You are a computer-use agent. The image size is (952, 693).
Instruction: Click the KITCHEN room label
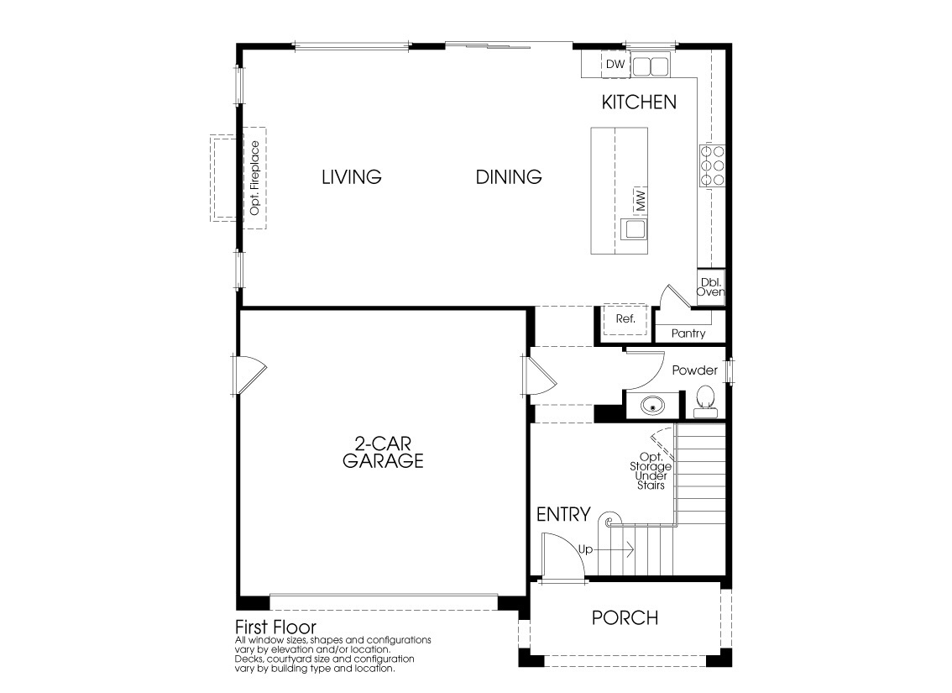(639, 102)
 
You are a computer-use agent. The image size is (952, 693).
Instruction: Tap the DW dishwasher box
(615, 65)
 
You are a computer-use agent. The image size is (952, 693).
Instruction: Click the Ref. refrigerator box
(625, 319)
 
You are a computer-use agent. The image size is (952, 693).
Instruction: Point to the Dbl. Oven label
(710, 286)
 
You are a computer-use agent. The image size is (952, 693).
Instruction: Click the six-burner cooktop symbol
(712, 165)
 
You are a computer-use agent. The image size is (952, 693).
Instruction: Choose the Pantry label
(688, 333)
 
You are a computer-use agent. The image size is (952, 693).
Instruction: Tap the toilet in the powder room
(705, 401)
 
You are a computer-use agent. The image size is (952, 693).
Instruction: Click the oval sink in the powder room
(652, 406)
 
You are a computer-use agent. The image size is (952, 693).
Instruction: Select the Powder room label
(694, 370)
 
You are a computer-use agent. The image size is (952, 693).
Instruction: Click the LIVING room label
(352, 177)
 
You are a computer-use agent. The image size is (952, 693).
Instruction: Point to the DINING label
(509, 177)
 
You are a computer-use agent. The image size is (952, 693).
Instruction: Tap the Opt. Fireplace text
(255, 178)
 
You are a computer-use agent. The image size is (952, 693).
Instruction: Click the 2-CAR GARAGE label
(382, 453)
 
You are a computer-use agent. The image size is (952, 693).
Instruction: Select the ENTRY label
(563, 515)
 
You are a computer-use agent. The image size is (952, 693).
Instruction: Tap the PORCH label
(625, 618)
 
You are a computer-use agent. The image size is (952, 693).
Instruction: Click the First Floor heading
(275, 627)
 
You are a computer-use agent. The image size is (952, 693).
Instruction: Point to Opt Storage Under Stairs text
(650, 471)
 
